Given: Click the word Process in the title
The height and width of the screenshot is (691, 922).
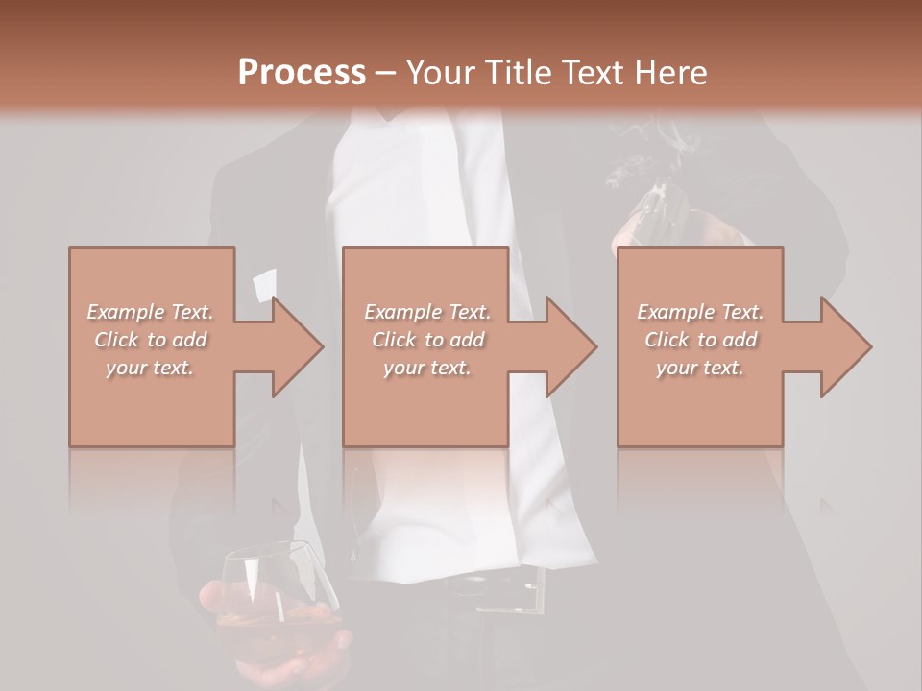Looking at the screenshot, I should coord(302,73).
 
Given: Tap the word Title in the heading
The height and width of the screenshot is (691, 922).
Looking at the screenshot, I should coord(513,73).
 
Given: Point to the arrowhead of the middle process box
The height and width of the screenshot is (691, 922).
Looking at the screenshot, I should coord(571,345).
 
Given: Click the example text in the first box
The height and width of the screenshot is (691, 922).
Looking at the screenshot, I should coord(151,340).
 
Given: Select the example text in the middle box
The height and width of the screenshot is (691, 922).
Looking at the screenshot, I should coord(427,340).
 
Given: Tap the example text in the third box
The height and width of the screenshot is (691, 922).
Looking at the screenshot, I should coord(700,340).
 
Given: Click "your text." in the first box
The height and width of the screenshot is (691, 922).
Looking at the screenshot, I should coord(150,368).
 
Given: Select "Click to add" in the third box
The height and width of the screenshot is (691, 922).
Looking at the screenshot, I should coord(700,340).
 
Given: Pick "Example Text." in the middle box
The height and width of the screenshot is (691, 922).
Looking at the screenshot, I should coord(427,312).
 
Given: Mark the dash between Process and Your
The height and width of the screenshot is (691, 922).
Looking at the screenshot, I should coord(385,73).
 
